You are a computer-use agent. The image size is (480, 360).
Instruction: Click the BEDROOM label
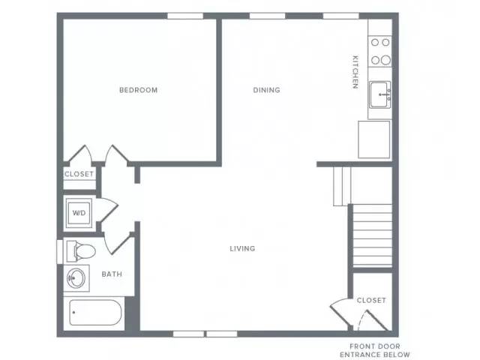tap(138, 90)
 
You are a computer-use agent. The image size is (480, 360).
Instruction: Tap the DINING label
tap(267, 90)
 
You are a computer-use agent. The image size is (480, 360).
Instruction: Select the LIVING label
tap(242, 248)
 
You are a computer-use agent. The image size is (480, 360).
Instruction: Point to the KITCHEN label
tap(355, 72)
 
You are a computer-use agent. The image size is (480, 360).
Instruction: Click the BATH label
tap(112, 274)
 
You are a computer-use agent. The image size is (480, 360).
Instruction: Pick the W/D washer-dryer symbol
tap(79, 213)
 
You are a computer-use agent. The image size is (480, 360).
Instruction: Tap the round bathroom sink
tap(76, 278)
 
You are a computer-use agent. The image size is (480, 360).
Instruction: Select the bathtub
tap(95, 313)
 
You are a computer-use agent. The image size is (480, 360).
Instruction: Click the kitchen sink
tap(380, 94)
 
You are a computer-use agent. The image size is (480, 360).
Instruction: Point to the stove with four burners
tap(380, 52)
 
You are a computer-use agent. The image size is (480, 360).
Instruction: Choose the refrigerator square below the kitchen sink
tap(374, 139)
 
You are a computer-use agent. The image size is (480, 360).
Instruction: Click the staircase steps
tap(373, 235)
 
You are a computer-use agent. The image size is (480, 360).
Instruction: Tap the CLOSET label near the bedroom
tap(79, 174)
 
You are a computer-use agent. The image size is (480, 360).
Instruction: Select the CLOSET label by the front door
tap(371, 300)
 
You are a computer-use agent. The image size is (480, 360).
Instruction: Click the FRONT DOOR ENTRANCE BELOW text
tap(375, 350)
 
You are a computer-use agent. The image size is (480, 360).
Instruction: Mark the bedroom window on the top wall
tap(185, 16)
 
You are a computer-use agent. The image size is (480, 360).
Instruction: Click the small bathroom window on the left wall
tap(60, 252)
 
